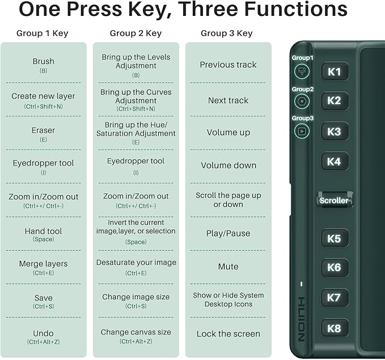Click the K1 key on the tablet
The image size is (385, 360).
[334, 71]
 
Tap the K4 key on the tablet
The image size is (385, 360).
[334, 162]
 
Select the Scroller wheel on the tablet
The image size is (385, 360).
[334, 200]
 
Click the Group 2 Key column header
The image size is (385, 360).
[136, 33]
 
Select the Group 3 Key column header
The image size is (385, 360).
[227, 33]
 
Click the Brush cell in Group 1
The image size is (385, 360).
[44, 65]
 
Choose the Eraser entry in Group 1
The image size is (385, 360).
[44, 134]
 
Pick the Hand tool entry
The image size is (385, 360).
[44, 234]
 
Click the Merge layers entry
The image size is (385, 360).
[44, 267]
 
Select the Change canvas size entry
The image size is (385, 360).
[136, 336]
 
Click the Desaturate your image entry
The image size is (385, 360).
[136, 266]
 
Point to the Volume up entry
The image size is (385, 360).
[229, 132]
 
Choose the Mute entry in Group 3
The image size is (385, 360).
[229, 266]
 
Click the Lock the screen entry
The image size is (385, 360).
[229, 334]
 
